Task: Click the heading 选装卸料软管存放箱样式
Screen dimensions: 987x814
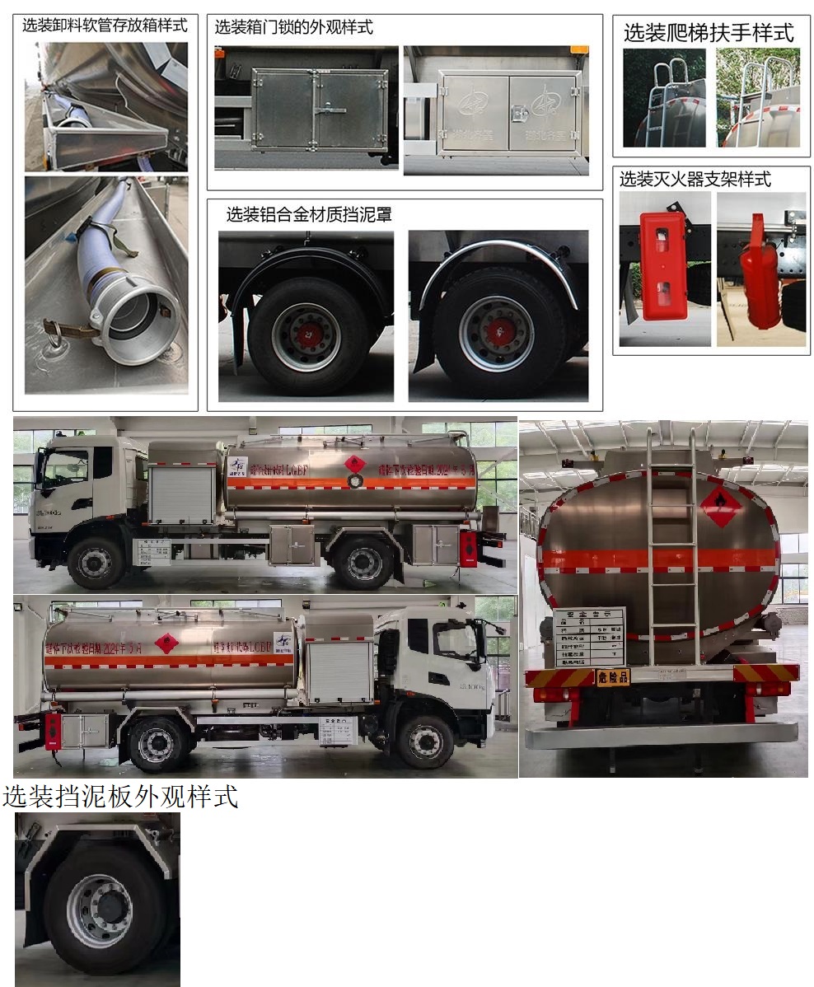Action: click(x=105, y=25)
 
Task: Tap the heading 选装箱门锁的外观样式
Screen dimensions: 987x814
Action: click(x=293, y=27)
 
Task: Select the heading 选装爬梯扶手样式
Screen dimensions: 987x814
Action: click(x=709, y=33)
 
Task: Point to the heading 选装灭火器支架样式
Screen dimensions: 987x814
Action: click(x=695, y=179)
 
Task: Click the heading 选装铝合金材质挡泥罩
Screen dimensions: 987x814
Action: click(x=309, y=215)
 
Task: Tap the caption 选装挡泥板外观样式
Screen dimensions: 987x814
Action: click(x=120, y=797)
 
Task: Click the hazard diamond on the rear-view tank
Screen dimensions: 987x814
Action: click(x=719, y=505)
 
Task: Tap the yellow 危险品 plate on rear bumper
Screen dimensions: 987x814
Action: click(x=612, y=676)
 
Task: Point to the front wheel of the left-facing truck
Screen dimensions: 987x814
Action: click(x=96, y=562)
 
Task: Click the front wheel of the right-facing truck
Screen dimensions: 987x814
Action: click(x=425, y=741)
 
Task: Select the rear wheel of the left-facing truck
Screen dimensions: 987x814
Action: click(x=363, y=562)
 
